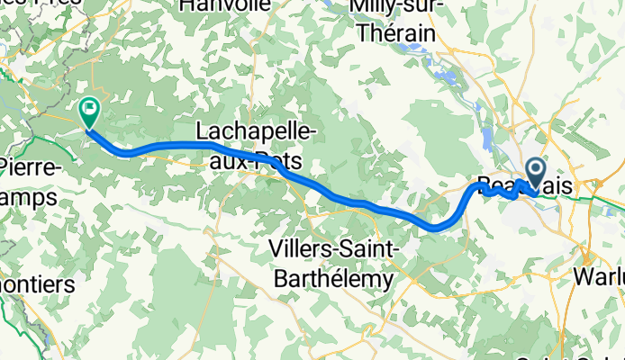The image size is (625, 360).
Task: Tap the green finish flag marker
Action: tap(90, 112)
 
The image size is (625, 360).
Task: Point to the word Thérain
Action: tap(397, 33)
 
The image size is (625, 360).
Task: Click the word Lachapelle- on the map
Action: tap(257, 132)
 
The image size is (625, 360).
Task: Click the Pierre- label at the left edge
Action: tap(27, 167)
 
